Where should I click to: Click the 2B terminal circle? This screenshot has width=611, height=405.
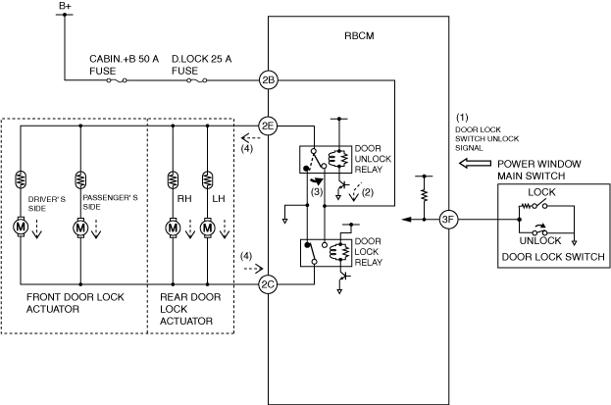tap(269, 80)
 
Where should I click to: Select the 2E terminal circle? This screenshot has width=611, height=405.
tap(269, 126)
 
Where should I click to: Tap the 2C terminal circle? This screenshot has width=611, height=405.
tap(269, 284)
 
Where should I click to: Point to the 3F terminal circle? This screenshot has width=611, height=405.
tap(448, 220)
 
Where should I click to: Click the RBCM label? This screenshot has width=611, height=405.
tap(359, 36)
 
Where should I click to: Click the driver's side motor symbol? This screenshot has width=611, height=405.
tap(21, 227)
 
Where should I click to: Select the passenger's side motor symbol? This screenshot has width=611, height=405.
tap(80, 227)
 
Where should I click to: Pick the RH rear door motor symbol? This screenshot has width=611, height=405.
tap(173, 228)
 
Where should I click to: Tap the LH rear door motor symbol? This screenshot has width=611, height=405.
tap(207, 228)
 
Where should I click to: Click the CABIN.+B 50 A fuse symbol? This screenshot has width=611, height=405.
tap(117, 80)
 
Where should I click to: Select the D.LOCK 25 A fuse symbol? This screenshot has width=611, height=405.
tap(197, 80)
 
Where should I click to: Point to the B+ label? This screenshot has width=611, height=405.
tap(65, 6)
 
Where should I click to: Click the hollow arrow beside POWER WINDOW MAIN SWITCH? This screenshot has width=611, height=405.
tap(475, 163)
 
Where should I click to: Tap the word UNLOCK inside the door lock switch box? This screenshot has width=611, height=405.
tap(540, 240)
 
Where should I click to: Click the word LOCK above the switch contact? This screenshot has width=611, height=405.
tap(541, 192)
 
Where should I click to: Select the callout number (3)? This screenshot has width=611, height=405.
tap(317, 192)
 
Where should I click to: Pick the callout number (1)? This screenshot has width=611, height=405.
tap(462, 118)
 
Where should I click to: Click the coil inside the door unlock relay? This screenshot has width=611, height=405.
tap(333, 159)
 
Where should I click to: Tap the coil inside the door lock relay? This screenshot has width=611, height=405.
tap(333, 252)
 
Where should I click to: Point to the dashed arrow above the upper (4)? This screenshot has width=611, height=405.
tap(250, 138)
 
